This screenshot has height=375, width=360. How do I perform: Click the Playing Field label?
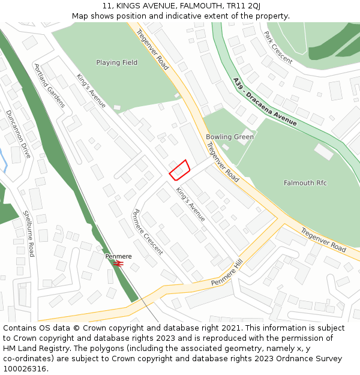(116, 62)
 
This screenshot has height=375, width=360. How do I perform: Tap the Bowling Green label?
(230, 137)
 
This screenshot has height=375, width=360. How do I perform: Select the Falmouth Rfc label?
(305, 182)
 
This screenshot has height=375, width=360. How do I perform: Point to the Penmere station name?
(118, 256)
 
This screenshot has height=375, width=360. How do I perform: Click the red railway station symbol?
(119, 263)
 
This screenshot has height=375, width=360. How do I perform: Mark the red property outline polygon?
(179, 170)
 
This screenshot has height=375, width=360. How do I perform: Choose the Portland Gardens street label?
(50, 86)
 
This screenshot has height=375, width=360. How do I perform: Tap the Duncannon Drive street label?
(18, 134)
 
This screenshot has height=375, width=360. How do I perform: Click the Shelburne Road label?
(28, 233)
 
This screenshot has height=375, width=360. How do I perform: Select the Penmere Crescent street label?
(148, 232)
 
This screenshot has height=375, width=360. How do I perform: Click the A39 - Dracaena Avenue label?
(265, 102)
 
